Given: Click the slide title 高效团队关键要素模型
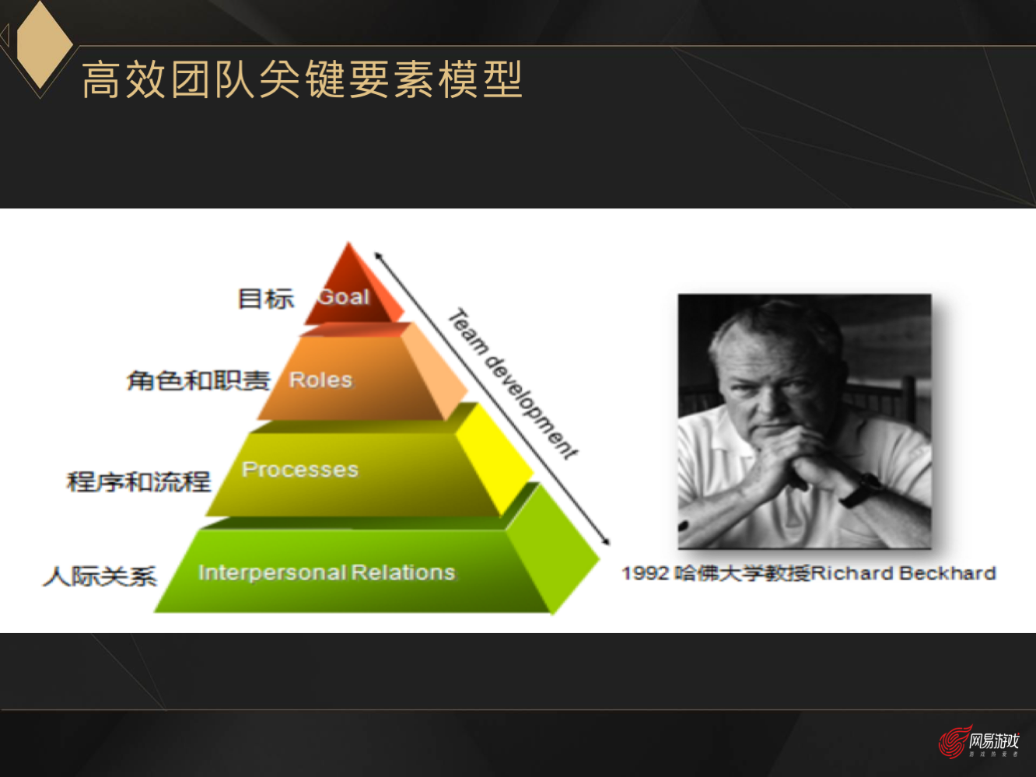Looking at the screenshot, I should coord(302,79).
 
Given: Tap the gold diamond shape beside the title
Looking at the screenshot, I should coord(43,44).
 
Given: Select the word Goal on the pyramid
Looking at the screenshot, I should coord(344,296).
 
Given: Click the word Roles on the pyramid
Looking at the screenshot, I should coord(320,380).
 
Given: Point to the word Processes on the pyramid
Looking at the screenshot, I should coord(300,469).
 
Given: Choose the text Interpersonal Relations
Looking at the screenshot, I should coord(327,572).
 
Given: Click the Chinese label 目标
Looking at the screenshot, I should coord(265,298).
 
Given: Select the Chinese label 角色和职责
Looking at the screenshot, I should coord(198,380).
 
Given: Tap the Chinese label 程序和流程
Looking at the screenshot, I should coord(138,481).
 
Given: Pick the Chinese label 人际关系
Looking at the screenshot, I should coord(100,576).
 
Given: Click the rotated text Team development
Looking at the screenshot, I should coord(513,384).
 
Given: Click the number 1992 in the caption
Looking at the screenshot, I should coord(645,573).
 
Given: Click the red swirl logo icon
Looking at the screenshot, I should coord(953,741).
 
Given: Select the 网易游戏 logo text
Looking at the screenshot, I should coord(994,740).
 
